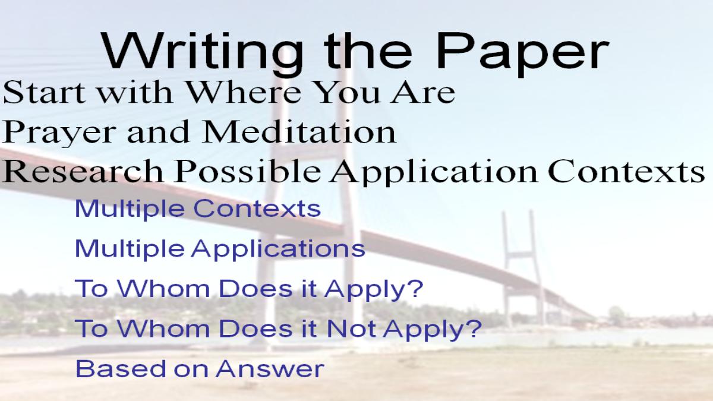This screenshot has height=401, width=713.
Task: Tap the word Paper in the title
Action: (522, 52)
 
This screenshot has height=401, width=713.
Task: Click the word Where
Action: (244, 92)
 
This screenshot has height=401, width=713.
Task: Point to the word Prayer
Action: (59, 132)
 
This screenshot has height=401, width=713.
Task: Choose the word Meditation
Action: (299, 131)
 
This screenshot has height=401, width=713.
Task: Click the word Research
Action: (83, 171)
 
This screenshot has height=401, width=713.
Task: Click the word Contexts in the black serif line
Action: (626, 171)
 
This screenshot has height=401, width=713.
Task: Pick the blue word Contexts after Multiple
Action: (257, 209)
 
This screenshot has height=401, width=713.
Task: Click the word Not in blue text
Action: (351, 329)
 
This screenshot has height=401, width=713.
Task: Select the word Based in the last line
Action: (121, 368)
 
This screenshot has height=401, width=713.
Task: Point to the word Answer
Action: (270, 369)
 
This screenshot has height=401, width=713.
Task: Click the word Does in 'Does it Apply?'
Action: (255, 289)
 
